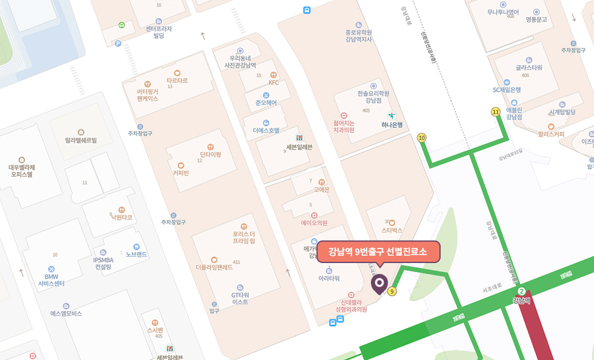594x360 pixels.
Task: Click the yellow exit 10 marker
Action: click(422, 138)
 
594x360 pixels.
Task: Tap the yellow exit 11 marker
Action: click(496, 112)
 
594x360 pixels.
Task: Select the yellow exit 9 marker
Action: click(392, 292)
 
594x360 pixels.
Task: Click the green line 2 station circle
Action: click(521, 292)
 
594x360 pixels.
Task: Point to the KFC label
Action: click(273, 82)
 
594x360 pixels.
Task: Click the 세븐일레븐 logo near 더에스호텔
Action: click(299, 138)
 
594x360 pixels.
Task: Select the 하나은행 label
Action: click(392, 125)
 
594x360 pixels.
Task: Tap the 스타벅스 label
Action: click(392, 230)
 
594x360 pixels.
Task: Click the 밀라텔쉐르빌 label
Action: click(81, 140)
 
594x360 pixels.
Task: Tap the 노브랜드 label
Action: click(136, 254)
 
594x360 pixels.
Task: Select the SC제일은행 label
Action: click(507, 90)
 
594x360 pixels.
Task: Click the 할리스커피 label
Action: click(551, 134)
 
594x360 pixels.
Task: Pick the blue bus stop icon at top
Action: click(307, 10)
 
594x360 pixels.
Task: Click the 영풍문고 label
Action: click(536, 19)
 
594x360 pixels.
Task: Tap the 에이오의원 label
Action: click(314, 222)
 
